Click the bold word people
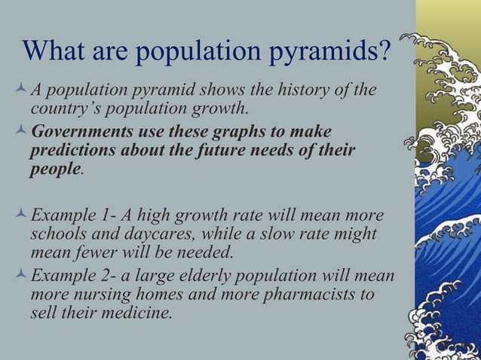(x=54, y=167)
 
